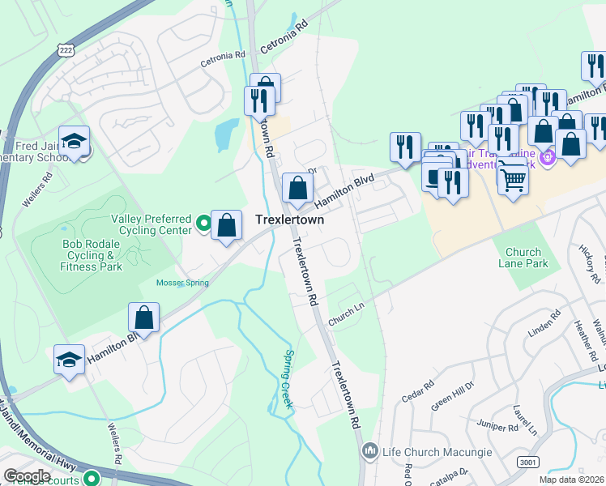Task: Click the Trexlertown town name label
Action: [x=290, y=220]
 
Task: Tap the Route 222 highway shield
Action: [x=66, y=48]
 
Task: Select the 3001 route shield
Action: [x=528, y=461]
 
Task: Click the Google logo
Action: [x=27, y=475]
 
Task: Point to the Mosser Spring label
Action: [x=182, y=283]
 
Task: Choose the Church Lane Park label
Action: [x=526, y=258]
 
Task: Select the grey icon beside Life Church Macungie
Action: [x=370, y=449]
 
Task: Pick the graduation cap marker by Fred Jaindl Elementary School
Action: [x=74, y=143]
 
